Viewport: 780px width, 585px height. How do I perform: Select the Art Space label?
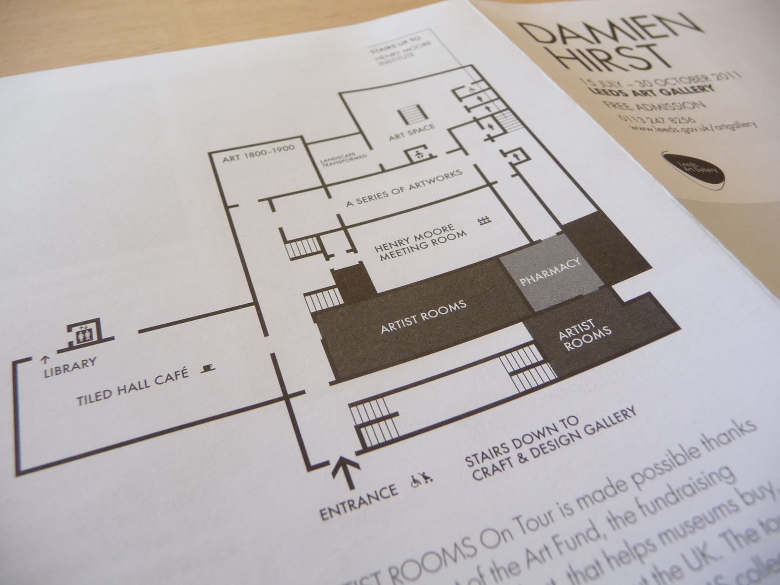(411, 133)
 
